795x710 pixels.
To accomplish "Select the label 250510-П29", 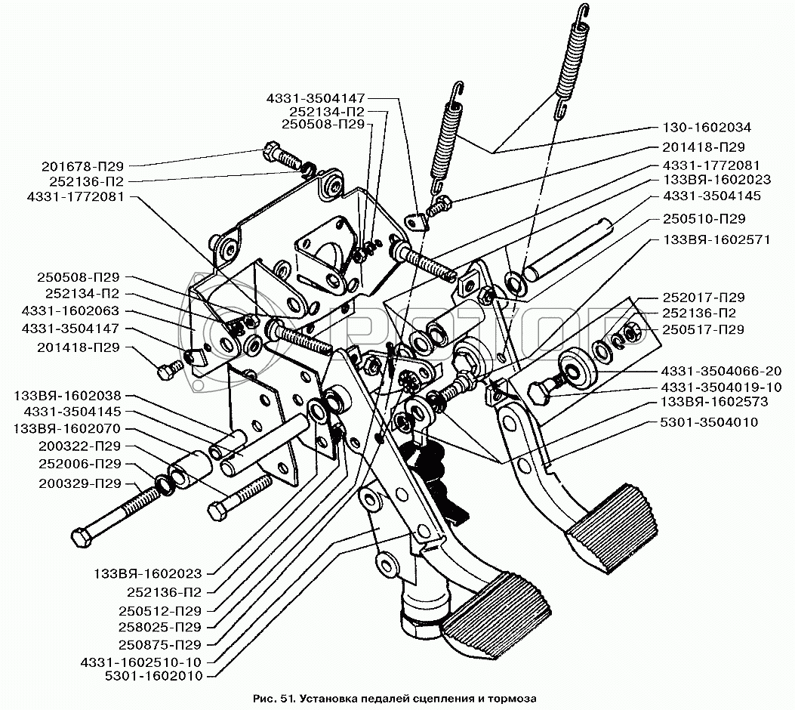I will point(704,219).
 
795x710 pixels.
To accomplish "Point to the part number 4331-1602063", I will point(76,310).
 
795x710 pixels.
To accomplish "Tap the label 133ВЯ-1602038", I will point(72,396).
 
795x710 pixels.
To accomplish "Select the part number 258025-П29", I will point(159,627).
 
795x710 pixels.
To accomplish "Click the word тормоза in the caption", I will point(512,699).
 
